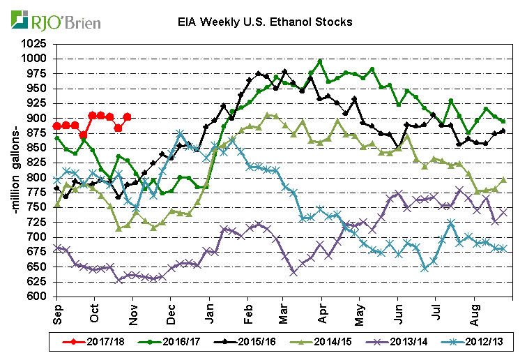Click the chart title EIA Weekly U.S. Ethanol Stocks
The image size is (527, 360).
tap(263, 22)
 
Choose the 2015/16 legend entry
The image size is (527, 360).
tap(241, 342)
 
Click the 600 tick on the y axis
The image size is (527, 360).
tap(40, 297)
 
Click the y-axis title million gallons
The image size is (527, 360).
tap(13, 171)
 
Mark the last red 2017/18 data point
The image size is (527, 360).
tap(127, 117)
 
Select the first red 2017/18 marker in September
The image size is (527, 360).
tap(56, 126)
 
